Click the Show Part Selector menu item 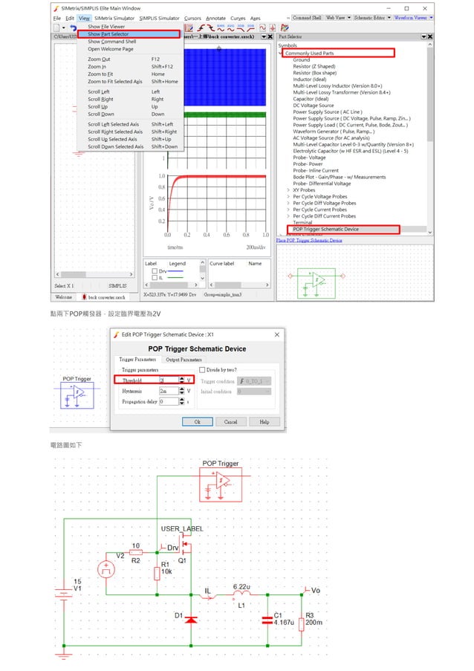point(108,34)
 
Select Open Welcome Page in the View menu point(111,49)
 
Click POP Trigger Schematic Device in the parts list point(325,229)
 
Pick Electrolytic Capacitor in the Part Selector point(350,151)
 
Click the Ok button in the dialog point(197,421)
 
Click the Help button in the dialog point(264,421)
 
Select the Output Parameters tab point(183,360)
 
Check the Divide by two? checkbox point(201,369)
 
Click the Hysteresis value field point(168,391)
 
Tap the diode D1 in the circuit point(190,617)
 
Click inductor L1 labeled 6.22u point(241,595)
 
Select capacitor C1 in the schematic point(267,620)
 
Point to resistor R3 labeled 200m point(301,620)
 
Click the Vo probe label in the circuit point(314,590)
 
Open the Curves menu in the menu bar point(238,18)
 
